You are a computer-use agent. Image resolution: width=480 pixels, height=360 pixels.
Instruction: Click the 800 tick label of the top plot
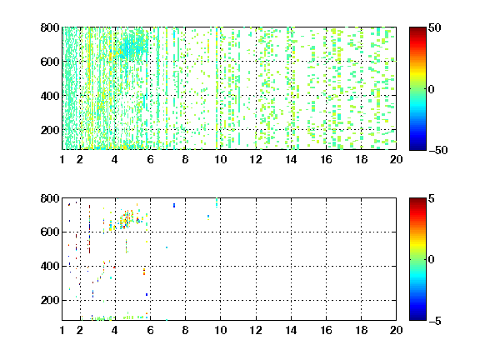50,27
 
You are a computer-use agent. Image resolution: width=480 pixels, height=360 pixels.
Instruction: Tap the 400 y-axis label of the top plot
50,96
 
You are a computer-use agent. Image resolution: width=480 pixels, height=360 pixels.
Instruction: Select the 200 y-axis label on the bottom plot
50,300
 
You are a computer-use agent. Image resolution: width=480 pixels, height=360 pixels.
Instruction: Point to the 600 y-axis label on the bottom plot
50,232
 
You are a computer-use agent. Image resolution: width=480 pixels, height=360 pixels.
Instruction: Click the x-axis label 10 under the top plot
220,159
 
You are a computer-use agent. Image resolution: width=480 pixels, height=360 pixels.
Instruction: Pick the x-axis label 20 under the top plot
396,159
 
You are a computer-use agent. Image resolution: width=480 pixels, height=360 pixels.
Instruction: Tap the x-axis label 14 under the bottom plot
291,330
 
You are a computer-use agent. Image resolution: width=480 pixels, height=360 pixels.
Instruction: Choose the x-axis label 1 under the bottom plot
62,330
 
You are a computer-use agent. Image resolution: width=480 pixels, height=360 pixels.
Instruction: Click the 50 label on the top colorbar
434,28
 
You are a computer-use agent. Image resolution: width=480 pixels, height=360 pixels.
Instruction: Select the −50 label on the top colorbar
437,150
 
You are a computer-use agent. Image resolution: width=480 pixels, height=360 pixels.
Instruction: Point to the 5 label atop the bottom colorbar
432,198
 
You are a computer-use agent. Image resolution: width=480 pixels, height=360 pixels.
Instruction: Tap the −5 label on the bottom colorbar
435,321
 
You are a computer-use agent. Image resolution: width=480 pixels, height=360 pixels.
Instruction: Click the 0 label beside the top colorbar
432,89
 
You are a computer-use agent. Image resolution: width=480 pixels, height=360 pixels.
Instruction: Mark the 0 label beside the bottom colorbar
432,260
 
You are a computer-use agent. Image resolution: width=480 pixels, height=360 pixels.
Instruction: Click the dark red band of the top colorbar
417,31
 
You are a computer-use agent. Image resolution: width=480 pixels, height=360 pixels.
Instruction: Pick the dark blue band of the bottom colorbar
417,317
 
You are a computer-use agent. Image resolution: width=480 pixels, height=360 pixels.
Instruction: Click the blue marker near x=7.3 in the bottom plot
174,205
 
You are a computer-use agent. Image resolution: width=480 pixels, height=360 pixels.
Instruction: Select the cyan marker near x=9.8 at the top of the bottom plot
217,202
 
